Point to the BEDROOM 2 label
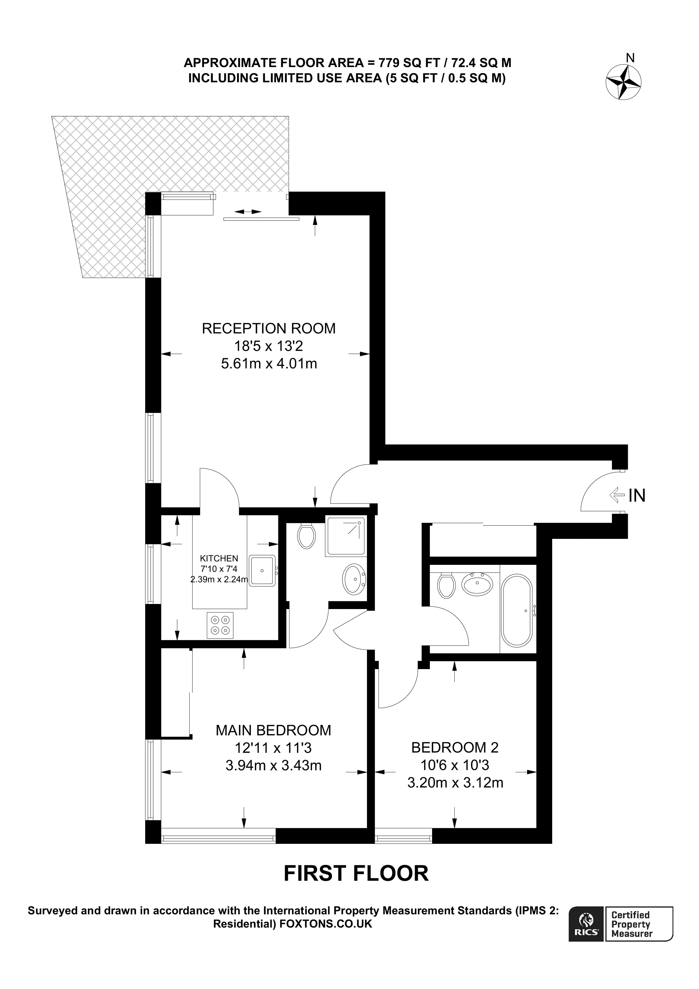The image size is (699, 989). point(455,747)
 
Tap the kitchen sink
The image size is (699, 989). point(262,570)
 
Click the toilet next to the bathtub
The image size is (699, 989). point(446,586)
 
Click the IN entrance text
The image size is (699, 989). point(637,496)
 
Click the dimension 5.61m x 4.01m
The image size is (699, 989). point(269,364)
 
